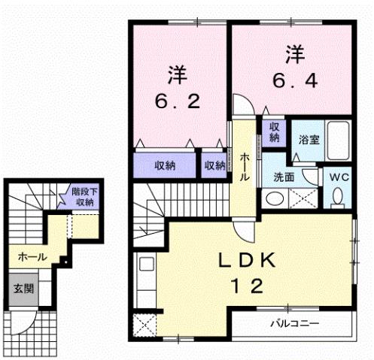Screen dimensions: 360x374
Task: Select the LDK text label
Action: (245, 261)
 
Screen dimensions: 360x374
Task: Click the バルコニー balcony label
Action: (295, 325)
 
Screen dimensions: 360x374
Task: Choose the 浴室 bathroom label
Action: (309, 139)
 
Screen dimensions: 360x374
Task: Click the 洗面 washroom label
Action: (283, 177)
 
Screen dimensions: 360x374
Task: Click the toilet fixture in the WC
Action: (337, 196)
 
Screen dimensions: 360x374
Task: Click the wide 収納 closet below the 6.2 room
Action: (166, 165)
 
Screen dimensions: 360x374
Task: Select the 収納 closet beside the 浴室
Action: (275, 133)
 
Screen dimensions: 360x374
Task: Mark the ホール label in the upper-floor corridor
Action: (245, 165)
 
